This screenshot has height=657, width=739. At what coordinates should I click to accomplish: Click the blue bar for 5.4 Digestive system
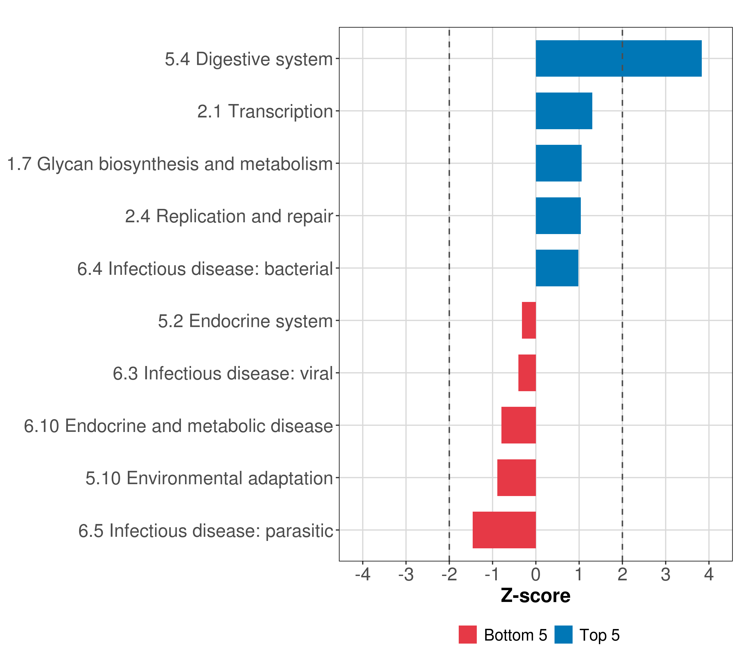618,59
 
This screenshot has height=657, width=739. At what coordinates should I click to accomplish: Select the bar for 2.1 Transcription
564,111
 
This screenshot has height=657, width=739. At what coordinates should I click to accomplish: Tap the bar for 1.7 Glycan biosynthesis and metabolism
558,163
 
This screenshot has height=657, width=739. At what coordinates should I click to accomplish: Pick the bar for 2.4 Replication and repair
558,216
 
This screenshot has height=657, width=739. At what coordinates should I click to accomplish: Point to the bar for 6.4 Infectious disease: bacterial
557,268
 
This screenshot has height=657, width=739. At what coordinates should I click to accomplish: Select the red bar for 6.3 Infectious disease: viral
527,373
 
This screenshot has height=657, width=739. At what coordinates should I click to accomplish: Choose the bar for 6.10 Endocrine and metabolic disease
518,425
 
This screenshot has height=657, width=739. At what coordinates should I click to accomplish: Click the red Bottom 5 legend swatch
467,635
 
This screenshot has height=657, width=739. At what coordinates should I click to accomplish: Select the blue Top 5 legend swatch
563,635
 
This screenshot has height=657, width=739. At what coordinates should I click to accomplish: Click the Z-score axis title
535,595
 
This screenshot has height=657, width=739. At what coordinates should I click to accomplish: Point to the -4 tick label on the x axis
363,575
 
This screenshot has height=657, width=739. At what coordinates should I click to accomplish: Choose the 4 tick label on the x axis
709,575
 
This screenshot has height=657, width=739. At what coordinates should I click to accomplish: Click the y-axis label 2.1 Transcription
265,111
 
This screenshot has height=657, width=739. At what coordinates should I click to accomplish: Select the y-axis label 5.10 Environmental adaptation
209,478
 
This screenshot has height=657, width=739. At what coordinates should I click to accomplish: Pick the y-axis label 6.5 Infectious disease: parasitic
205,531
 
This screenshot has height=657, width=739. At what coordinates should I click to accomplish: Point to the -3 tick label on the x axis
406,575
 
